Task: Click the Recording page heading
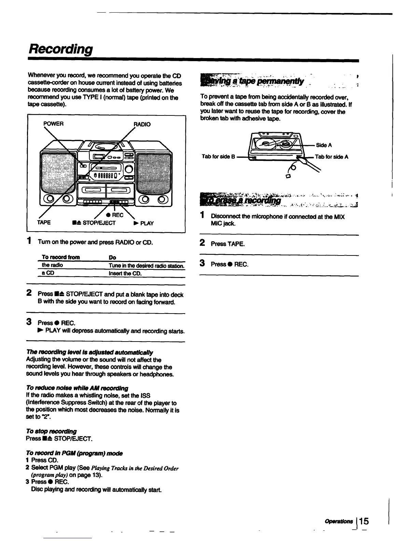point(60,49)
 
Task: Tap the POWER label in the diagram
point(53,124)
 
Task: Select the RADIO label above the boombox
point(142,124)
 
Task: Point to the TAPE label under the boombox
point(44,223)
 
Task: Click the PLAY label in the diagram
point(143,223)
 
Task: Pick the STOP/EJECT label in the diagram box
point(94,223)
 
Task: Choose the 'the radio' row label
point(52,265)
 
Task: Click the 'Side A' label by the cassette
point(324,145)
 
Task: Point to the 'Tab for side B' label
point(218,157)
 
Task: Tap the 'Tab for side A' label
point(331,157)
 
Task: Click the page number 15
point(363,521)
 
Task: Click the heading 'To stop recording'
point(51,431)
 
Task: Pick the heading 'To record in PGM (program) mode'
point(74,453)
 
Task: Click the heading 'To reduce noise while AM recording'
point(77,388)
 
